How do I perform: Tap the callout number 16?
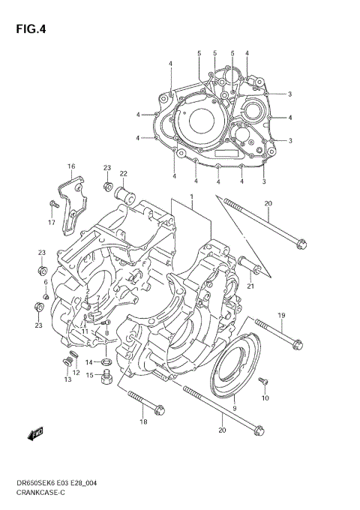(x=71, y=166)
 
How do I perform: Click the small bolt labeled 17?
(x=53, y=205)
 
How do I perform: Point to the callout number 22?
(x=123, y=174)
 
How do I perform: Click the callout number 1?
(x=191, y=196)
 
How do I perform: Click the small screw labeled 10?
(x=262, y=382)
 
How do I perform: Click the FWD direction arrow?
(x=36, y=433)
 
